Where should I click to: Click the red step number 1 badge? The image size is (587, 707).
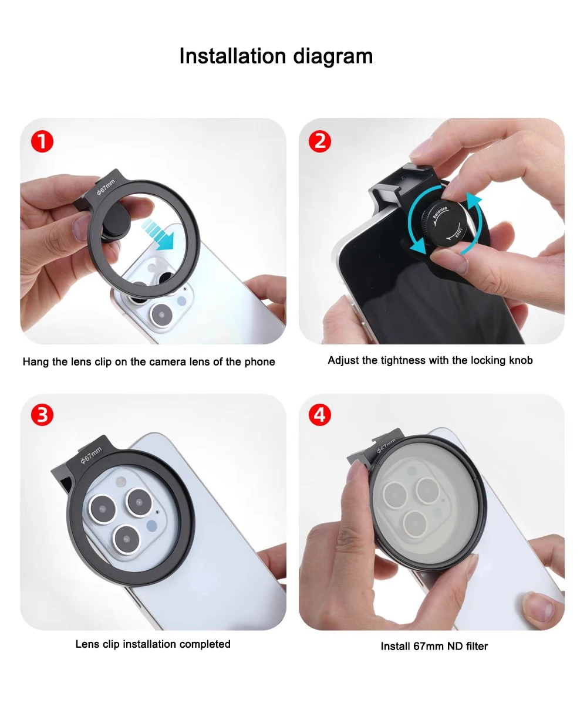(42, 141)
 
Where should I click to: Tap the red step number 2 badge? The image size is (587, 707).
(320, 141)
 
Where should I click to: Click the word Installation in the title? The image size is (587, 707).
(232, 56)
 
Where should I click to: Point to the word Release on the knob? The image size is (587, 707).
(440, 212)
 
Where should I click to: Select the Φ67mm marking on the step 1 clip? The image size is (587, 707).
(106, 187)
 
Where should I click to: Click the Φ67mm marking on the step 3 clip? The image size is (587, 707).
(91, 455)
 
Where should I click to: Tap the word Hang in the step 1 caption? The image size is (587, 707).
(36, 362)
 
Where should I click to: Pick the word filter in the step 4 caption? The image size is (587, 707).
(477, 646)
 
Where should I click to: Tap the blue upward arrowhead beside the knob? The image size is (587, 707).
(474, 199)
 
